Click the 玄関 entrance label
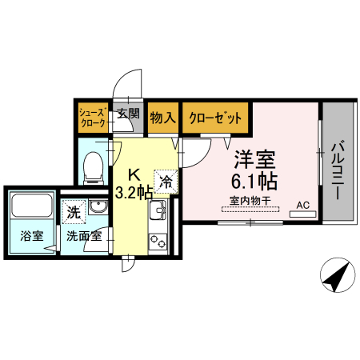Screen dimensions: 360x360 click(x=128, y=114)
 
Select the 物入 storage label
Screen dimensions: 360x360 click(x=162, y=118)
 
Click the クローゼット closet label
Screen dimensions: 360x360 click(x=214, y=118)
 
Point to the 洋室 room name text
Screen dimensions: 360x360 click(x=254, y=158)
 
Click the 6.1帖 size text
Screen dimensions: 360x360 click(x=254, y=179)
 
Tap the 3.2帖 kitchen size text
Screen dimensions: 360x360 click(x=134, y=193)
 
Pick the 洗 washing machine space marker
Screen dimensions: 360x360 click(x=73, y=213)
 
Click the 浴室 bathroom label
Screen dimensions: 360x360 click(x=30, y=238)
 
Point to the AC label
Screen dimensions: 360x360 click(x=302, y=206)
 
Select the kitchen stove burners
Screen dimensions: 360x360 click(x=158, y=238)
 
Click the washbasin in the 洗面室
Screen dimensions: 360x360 click(x=98, y=210)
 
